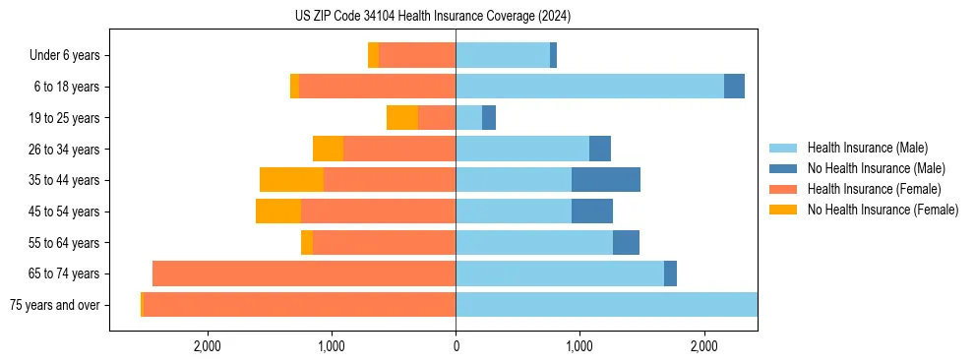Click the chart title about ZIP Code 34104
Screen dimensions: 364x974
(433, 17)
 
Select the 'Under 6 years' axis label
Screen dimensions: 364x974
(64, 56)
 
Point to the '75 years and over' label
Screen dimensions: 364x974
(54, 305)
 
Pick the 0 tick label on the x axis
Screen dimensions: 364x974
(456, 346)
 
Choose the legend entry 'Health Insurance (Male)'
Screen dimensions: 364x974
(867, 148)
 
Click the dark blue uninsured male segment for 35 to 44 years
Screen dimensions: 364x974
(606, 180)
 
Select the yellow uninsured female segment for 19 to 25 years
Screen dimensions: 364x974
(402, 118)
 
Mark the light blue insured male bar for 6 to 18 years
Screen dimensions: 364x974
(589, 87)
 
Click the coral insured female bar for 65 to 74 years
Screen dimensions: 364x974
(304, 273)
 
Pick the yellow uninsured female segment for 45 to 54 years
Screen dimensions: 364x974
(278, 212)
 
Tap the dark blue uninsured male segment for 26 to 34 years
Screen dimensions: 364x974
(600, 149)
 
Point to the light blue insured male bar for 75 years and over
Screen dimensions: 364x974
(606, 305)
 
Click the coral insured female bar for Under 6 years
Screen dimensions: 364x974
(417, 56)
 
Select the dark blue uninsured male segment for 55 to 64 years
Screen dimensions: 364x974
(626, 242)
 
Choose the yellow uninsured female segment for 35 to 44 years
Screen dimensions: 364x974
(292, 180)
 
